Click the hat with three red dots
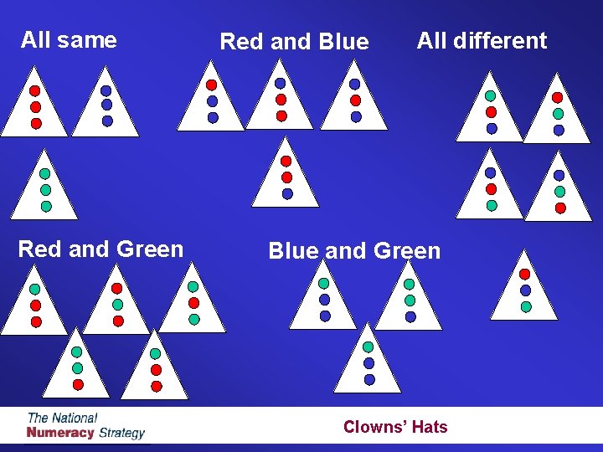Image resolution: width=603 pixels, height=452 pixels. pyautogui.click(x=35, y=107)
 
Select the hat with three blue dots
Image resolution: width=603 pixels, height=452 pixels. pyautogui.click(x=106, y=107)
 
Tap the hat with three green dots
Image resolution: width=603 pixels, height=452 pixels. pyautogui.click(x=45, y=189)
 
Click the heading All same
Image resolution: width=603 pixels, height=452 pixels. pyautogui.click(x=69, y=39)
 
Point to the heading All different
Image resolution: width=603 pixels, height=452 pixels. pyautogui.click(x=482, y=40)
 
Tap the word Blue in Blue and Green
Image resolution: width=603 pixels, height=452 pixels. pyautogui.click(x=292, y=251)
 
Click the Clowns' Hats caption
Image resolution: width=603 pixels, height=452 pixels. pyautogui.click(x=395, y=427)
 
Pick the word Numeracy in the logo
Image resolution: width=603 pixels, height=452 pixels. pyautogui.click(x=60, y=433)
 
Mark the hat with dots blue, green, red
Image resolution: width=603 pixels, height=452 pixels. pyautogui.click(x=559, y=192)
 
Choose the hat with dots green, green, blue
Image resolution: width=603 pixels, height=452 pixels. pyautogui.click(x=410, y=300)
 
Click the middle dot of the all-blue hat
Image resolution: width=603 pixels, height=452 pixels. pyautogui.click(x=106, y=105)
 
